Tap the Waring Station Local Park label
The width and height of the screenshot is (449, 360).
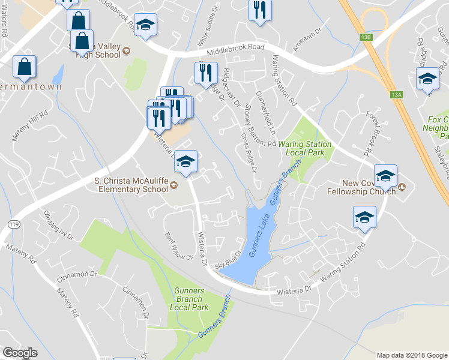(307, 148)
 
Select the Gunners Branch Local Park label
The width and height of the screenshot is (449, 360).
(189, 299)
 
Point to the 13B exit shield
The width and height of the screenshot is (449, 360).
(366, 37)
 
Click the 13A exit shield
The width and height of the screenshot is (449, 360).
(396, 94)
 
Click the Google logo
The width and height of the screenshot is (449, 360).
(20, 352)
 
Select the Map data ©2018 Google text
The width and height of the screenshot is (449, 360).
(411, 355)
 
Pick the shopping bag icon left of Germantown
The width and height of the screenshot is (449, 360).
(24, 67)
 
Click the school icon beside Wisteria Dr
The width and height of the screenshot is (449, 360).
(186, 161)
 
